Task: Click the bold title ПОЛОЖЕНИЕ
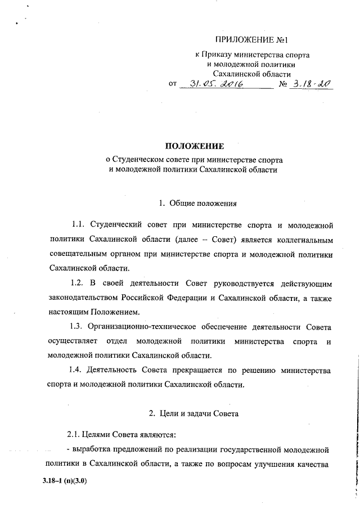click(x=193, y=147)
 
